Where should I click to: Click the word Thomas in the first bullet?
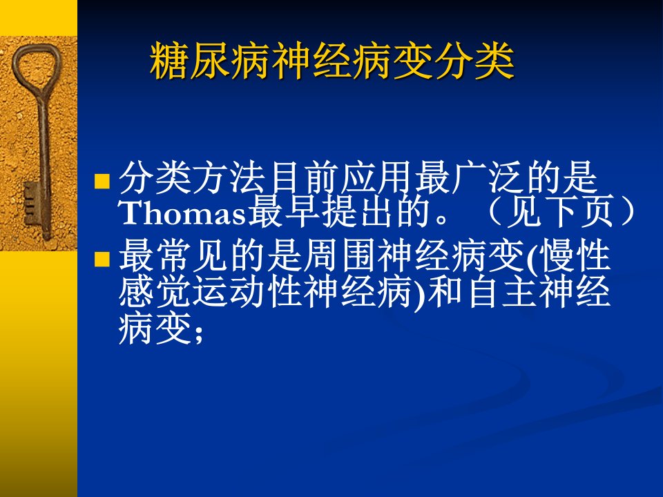point(182,213)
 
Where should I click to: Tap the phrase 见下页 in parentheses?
point(560,213)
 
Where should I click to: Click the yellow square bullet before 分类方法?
point(102,181)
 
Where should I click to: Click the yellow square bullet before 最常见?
point(102,259)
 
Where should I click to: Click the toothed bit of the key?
point(32,203)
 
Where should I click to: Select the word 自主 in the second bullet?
point(506,292)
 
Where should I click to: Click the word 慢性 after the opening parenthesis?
point(576,257)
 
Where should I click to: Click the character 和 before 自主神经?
point(449,292)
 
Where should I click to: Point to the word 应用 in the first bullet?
point(377,177)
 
